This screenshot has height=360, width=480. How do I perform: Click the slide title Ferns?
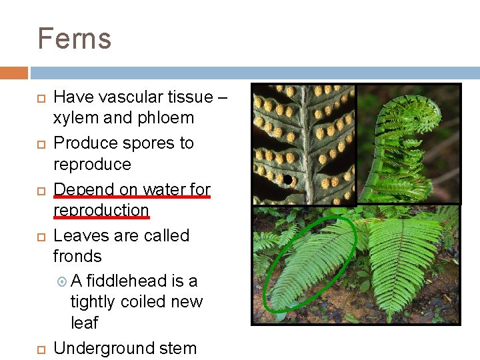point(74,39)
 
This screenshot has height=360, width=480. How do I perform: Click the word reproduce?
point(92,164)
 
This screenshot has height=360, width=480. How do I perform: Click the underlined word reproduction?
point(101,210)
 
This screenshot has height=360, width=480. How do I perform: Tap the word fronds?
point(77,256)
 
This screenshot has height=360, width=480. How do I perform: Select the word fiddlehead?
point(126,281)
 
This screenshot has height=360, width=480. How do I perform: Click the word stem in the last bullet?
point(178,348)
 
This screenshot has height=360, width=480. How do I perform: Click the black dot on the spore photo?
point(287,179)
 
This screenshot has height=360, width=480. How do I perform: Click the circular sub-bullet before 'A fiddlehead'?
point(63,282)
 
